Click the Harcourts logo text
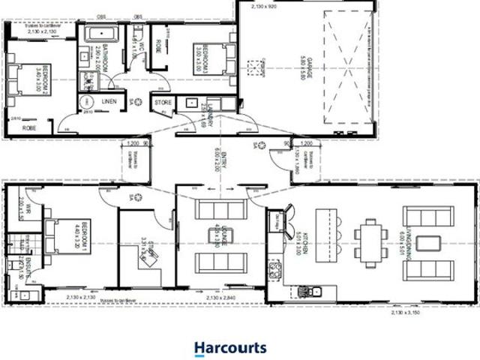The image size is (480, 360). tap(229, 348)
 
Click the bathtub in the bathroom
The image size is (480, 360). tap(97, 34)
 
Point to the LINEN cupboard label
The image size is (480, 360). tap(109, 101)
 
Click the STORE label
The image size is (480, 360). tap(163, 102)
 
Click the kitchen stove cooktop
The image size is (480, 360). tap(275, 268)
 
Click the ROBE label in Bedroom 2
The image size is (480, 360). tap(30, 128)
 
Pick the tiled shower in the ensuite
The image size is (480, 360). tap(14, 245)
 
